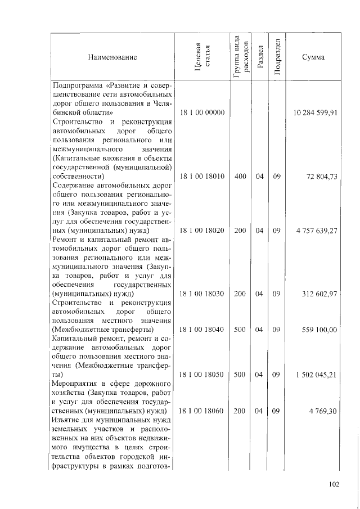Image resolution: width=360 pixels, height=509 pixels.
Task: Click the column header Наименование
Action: click(x=112, y=57)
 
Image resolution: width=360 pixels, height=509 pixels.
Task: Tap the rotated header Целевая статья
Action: click(x=201, y=56)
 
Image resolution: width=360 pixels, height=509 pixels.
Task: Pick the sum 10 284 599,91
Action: click(x=315, y=112)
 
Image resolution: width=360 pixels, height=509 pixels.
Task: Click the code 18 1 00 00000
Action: click(x=201, y=112)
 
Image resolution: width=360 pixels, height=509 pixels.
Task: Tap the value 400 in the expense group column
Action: click(x=240, y=176)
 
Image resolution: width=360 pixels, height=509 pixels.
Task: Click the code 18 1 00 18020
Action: click(x=201, y=231)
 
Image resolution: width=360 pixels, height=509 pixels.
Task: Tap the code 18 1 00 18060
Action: click(x=201, y=411)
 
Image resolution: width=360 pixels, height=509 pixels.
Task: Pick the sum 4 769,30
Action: click(x=324, y=411)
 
